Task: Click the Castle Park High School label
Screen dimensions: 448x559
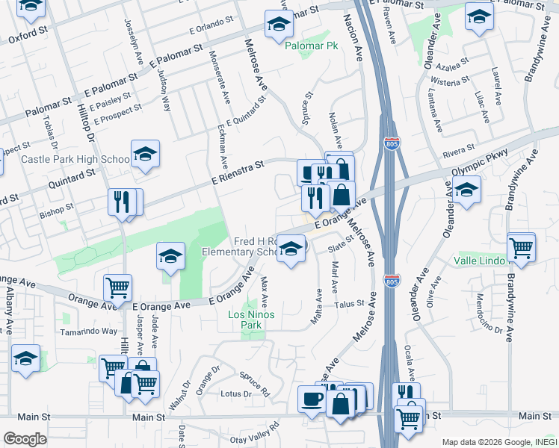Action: pos(75,159)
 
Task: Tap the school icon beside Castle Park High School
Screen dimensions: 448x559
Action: pos(145,155)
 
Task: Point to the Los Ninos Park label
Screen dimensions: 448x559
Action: pos(252,320)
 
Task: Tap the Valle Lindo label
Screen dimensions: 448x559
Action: pos(480,261)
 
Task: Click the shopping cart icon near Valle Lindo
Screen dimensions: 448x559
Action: pos(522,248)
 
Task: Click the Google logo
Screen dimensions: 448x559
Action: pos(25,439)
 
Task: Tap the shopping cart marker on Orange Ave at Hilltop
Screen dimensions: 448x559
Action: pos(117,287)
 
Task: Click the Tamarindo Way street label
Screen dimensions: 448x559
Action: pos(90,331)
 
